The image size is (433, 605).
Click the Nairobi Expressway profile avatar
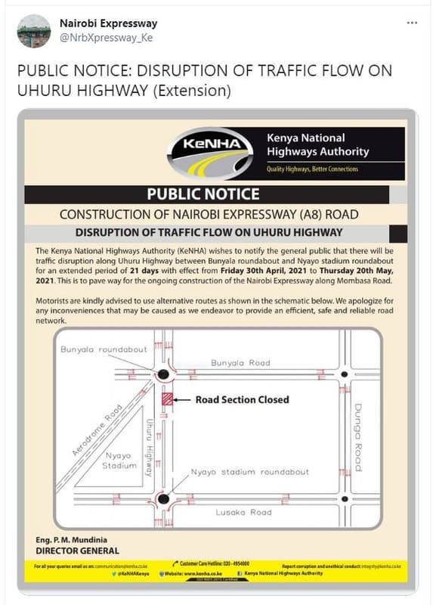(33, 32)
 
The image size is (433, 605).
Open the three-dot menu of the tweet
(412, 23)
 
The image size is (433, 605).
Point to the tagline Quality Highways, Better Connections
(312, 169)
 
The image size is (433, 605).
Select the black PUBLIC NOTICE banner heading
(203, 194)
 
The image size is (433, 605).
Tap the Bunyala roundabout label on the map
(104, 350)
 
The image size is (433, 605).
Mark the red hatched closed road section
(168, 400)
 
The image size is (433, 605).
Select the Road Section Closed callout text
(242, 399)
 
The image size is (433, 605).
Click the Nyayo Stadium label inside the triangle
(119, 461)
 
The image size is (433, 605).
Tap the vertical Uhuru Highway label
(150, 446)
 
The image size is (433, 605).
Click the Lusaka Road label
(243, 512)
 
